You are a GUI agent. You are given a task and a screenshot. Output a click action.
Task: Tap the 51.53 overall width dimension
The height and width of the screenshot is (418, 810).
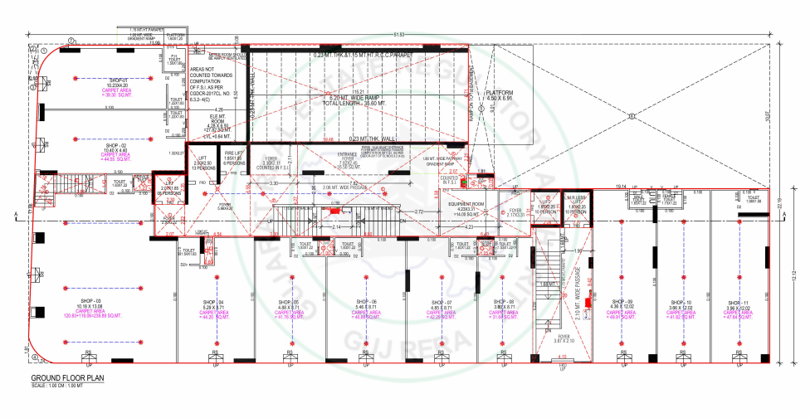click(x=399, y=34)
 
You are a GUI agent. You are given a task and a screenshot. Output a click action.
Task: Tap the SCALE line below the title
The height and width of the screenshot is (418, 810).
click(x=48, y=385)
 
